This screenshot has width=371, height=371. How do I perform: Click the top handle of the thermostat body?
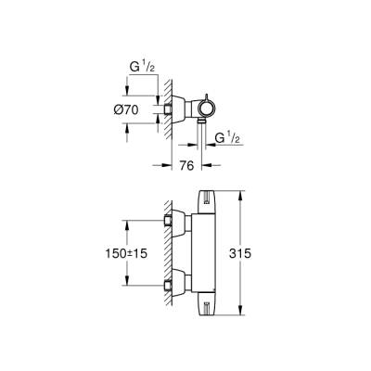(x=208, y=198)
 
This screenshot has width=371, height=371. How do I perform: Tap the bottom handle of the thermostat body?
(x=208, y=304)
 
